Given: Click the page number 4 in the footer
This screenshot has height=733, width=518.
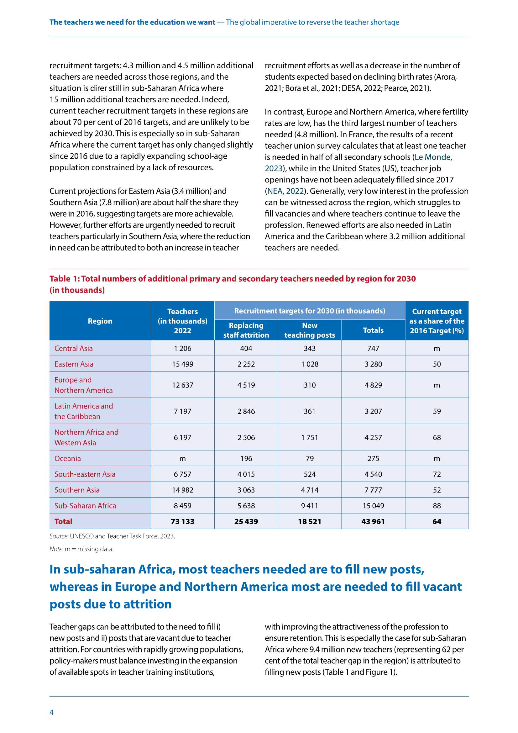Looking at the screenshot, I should click(51, 712).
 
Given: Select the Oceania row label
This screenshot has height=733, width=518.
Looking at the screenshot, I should click(68, 458).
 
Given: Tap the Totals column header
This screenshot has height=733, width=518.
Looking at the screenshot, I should click(373, 330).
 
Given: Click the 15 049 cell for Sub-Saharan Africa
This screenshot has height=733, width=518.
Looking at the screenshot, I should click(373, 506).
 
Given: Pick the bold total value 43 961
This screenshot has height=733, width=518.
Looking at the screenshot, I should click(373, 521).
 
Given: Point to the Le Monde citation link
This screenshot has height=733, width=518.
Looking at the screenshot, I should click(433, 157).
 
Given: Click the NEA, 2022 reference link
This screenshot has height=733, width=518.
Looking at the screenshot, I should click(285, 191).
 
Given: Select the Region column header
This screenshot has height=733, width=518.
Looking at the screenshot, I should click(100, 321).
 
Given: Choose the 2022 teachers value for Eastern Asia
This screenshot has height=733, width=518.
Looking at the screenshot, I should click(183, 364).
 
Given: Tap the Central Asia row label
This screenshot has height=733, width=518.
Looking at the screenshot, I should click(73, 348).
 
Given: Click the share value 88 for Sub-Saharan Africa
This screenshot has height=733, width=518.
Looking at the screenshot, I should click(437, 506).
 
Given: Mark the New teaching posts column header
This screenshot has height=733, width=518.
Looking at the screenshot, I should click(310, 330).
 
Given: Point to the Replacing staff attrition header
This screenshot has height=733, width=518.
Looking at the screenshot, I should click(246, 330).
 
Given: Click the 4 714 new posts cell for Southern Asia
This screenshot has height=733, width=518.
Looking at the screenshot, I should click(310, 490).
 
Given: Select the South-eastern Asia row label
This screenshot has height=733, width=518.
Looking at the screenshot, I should click(85, 474).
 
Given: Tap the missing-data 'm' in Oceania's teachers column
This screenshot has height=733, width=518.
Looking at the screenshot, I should click(183, 459).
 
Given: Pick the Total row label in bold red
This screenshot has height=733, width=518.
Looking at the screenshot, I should click(63, 521).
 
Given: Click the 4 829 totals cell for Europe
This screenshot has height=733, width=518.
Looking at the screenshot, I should click(373, 385).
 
